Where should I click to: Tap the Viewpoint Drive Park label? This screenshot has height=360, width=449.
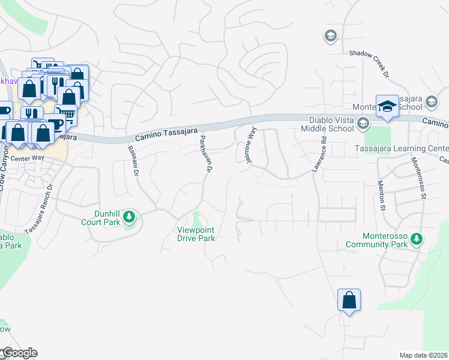click(x=196, y=234)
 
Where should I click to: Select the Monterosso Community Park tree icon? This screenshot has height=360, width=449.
click(x=416, y=239)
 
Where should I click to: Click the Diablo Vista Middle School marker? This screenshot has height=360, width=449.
click(x=362, y=124)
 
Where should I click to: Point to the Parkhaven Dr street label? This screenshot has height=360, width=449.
click(x=206, y=154)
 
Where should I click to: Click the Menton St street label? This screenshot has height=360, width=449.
click(x=381, y=196)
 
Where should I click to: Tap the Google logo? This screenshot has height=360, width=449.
click(x=19, y=353)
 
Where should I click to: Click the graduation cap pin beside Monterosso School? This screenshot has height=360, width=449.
click(x=387, y=106)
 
